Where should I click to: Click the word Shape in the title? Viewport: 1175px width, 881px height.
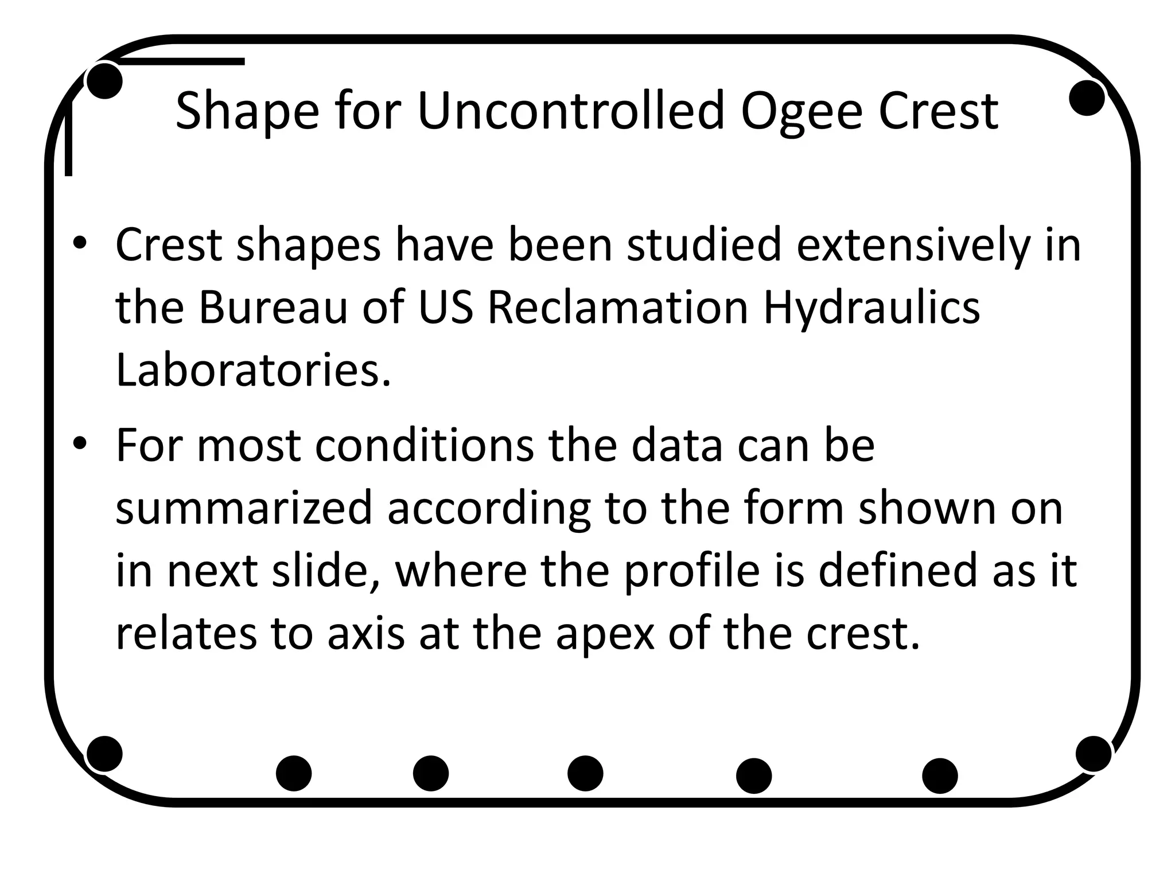(x=247, y=112)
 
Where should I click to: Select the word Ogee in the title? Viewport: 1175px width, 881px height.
(x=802, y=112)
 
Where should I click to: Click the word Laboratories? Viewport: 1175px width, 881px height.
(x=253, y=371)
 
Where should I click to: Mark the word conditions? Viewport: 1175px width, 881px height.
(x=424, y=446)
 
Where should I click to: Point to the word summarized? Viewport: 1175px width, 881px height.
(x=244, y=509)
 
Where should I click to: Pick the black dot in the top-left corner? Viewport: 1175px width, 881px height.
(x=104, y=81)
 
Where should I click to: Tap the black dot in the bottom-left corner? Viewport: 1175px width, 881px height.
(x=104, y=754)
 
